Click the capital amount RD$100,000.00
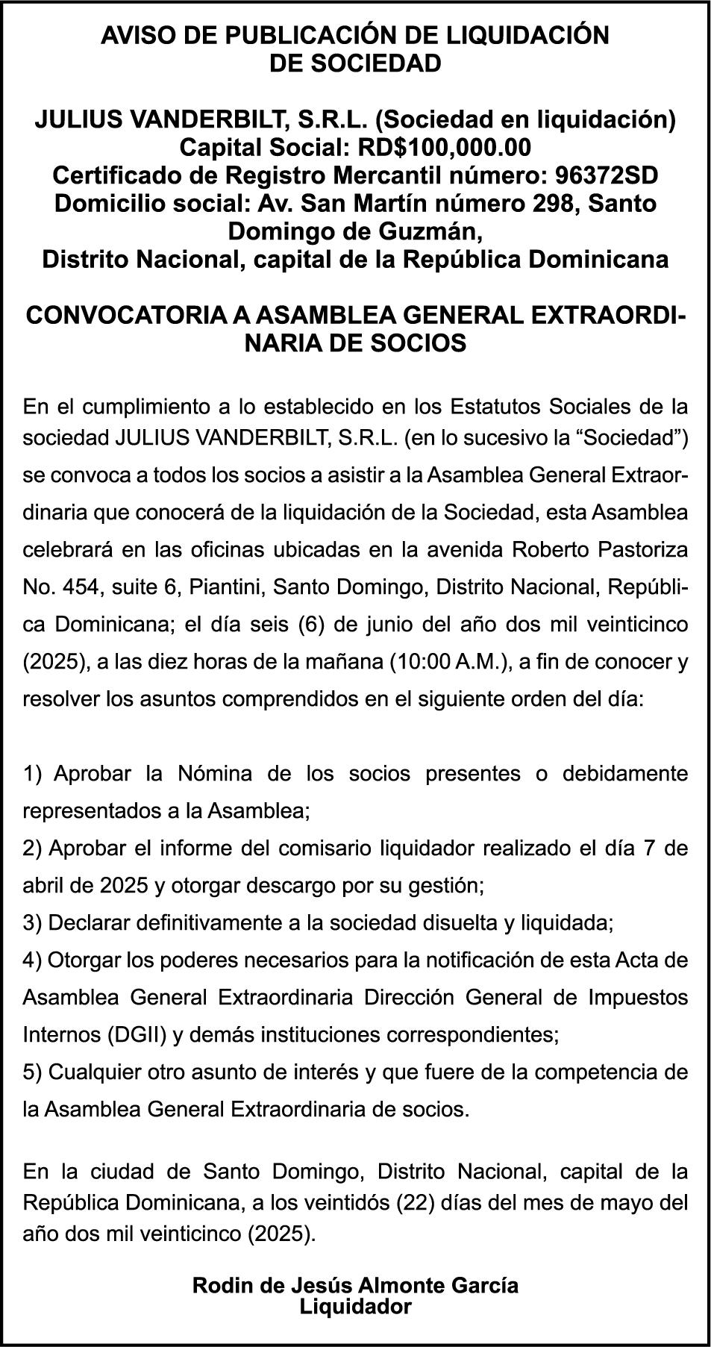pyautogui.click(x=445, y=147)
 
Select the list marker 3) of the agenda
pyautogui.click(x=34, y=923)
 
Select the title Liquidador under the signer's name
pyautogui.click(x=355, y=1307)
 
